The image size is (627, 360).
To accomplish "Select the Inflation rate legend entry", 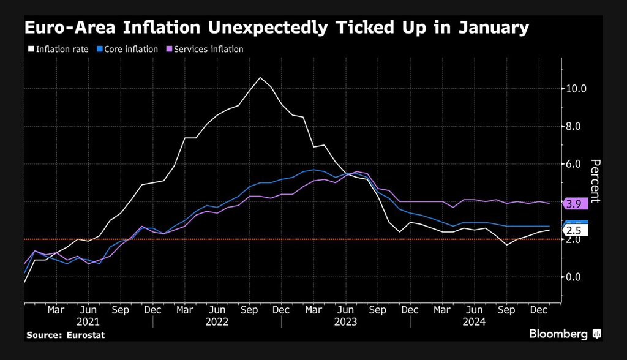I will point(62,49).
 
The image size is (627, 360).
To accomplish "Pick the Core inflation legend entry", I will point(131,49).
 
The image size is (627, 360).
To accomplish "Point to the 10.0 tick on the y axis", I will point(576,89).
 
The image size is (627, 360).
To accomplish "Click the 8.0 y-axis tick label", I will point(576,127).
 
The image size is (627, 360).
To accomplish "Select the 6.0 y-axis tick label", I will point(576,164).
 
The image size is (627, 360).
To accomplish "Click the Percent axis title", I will point(596,181).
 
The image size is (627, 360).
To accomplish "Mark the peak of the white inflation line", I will point(260,77).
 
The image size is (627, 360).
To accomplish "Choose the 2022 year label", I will point(217,321).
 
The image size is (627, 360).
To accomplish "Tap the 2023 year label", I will point(346,321).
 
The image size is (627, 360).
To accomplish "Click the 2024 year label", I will point(475,321).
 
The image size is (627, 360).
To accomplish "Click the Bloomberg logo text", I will point(558,334).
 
